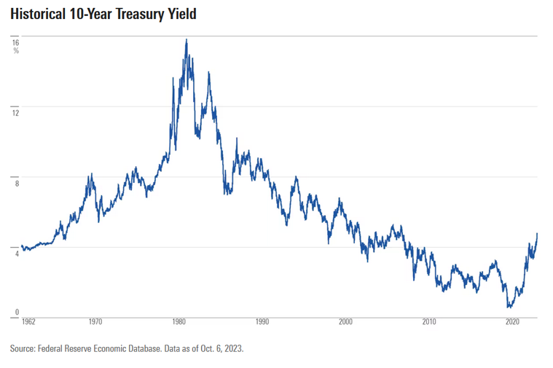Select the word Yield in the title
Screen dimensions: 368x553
pyautogui.click(x=183, y=15)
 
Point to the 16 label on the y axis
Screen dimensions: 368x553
pyautogui.click(x=15, y=42)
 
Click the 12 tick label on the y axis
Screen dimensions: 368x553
pyautogui.click(x=15, y=113)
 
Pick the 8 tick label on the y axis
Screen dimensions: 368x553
pyautogui.click(x=16, y=184)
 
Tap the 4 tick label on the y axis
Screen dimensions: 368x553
pyautogui.click(x=16, y=254)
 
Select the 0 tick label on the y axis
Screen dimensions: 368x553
pyautogui.click(x=16, y=311)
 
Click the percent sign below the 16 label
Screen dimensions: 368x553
pyautogui.click(x=16, y=51)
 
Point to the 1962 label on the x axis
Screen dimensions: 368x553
pyautogui.click(x=29, y=321)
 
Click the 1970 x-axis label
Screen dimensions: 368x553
pyautogui.click(x=95, y=321)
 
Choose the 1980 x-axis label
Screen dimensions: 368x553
pyautogui.click(x=179, y=321)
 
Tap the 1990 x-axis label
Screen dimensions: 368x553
pyautogui.click(x=262, y=321)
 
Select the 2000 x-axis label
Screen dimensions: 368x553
pyautogui.click(x=346, y=321)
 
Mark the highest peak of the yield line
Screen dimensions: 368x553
pyautogui.click(x=187, y=39)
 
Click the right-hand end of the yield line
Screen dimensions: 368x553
pyautogui.click(x=537, y=234)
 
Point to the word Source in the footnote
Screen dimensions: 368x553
pyautogui.click(x=23, y=349)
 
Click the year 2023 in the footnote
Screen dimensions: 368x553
pyautogui.click(x=232, y=349)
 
